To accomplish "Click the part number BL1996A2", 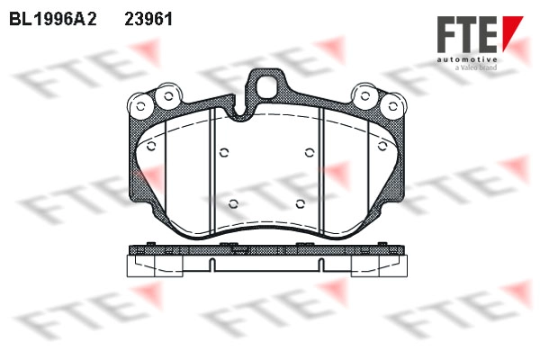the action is coord(53,19).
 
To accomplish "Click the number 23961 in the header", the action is coord(148,19).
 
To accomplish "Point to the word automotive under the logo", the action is coord(467,60).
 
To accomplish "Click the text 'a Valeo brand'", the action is coord(476,67).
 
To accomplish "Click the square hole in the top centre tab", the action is coord(267,86).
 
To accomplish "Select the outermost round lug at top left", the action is coord(140,106).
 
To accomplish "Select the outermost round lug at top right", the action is coord(393,106).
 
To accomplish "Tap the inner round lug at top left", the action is coord(168,96).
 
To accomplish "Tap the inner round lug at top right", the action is coord(365,96).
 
